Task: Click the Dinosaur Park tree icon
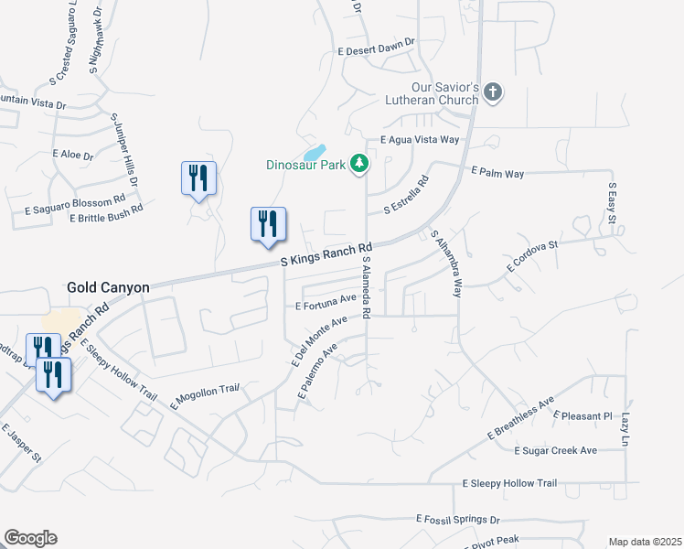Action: click(x=360, y=164)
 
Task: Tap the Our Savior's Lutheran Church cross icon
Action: click(x=493, y=91)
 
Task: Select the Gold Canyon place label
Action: click(x=108, y=287)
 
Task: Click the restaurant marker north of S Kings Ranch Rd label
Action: click(x=268, y=225)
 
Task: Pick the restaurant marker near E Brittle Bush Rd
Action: click(x=198, y=178)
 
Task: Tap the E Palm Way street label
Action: click(x=497, y=172)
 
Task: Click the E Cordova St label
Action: click(x=532, y=255)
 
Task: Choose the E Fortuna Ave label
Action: click(x=325, y=300)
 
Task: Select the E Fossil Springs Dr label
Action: click(x=459, y=519)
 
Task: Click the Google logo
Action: click(x=30, y=538)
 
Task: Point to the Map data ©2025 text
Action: click(x=645, y=542)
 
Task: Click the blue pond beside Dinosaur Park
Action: click(x=314, y=152)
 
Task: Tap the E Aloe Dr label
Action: click(x=73, y=156)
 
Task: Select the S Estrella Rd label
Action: click(x=406, y=197)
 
